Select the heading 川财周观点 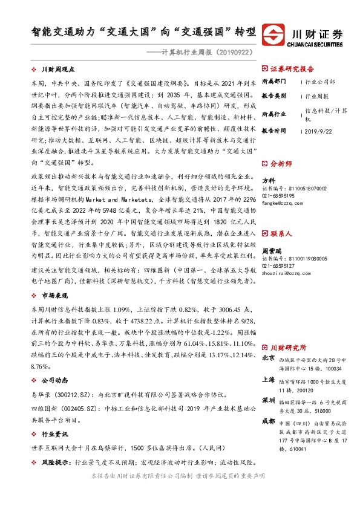pos(57,70)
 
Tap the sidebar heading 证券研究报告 pos(292,69)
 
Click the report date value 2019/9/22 pos(319,131)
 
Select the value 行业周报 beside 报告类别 pos(316,96)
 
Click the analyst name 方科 pos(267,180)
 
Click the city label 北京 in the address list pos(269,358)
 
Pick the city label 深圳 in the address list pos(269,400)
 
